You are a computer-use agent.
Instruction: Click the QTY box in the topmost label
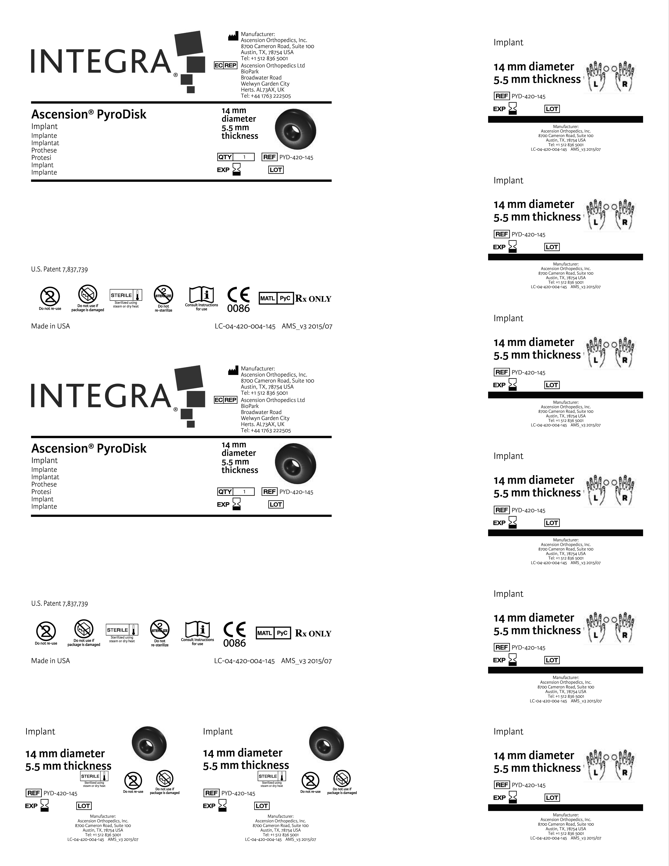236,157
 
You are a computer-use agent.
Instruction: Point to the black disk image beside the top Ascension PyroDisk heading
295,128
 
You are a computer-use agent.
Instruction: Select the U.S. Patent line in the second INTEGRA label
59,603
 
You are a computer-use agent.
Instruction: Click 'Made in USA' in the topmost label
50,326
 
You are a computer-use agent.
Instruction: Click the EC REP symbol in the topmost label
225,65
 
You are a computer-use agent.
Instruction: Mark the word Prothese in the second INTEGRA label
44,484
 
